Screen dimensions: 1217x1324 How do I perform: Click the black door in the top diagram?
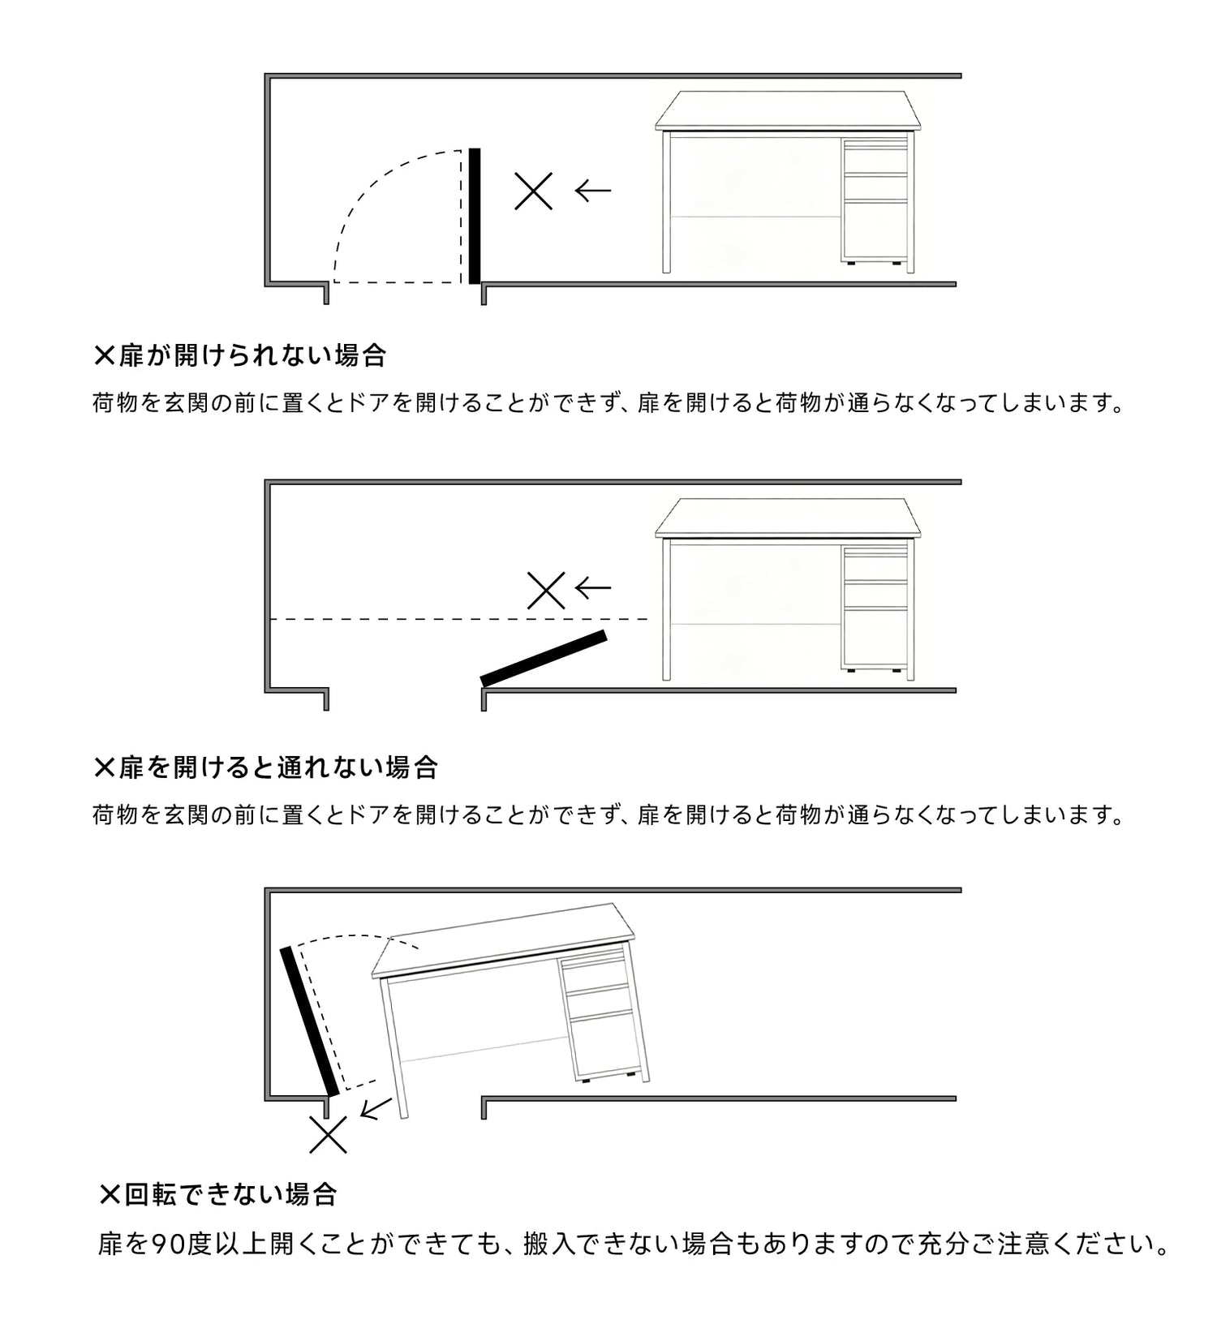pos(475,216)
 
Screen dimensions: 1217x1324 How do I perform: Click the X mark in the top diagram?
pos(534,191)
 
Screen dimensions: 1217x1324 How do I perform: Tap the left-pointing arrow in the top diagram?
pos(592,191)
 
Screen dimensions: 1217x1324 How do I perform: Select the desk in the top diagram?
pos(789,181)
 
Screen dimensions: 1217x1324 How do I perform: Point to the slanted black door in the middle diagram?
pos(544,658)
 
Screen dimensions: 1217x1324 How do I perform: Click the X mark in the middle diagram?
pos(546,590)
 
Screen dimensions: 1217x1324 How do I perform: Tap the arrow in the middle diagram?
pos(592,587)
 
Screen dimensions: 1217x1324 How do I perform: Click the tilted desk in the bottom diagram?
pos(511,1006)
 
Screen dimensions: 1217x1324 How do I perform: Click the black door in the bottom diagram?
pos(308,1021)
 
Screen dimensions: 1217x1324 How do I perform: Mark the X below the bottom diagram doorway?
pos(329,1134)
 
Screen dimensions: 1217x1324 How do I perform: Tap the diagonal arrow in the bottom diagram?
pos(376,1108)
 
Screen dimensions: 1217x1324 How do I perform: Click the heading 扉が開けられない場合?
pos(252,355)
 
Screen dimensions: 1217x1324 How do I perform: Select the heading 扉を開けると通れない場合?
pos(278,767)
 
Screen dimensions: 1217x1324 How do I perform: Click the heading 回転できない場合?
pos(230,1194)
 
